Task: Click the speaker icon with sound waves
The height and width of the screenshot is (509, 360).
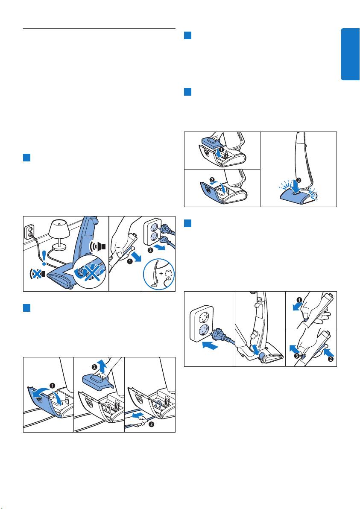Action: click(99, 246)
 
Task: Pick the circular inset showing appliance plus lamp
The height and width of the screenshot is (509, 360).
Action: click(159, 273)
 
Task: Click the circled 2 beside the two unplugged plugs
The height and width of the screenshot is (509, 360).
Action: click(150, 250)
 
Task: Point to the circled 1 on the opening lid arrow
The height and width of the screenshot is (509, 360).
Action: click(52, 385)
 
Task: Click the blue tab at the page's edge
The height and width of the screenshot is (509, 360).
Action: click(350, 54)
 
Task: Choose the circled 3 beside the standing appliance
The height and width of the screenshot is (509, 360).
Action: click(299, 180)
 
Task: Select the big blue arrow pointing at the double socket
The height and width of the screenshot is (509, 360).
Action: click(210, 345)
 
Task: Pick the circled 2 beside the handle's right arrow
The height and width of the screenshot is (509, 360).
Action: click(331, 360)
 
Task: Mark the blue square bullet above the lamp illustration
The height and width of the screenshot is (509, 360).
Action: click(26, 158)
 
